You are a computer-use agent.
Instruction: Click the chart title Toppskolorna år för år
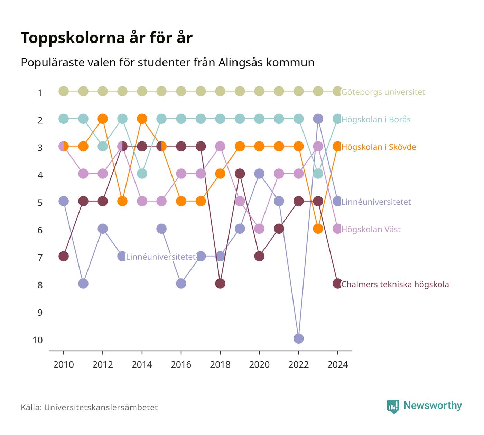106,38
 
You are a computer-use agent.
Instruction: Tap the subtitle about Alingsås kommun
167,63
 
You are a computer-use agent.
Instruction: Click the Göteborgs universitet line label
383,92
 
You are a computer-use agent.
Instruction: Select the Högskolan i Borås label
376,120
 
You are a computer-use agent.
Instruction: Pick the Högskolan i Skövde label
379,147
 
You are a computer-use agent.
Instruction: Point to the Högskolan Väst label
371,229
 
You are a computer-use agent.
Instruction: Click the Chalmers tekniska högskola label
395,284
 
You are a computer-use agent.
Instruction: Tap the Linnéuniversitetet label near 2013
161,257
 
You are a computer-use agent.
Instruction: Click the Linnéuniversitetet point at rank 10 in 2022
298,339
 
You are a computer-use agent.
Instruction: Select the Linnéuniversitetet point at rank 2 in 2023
318,119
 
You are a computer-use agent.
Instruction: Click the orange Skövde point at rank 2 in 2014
142,119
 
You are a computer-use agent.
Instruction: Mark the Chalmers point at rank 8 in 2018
220,284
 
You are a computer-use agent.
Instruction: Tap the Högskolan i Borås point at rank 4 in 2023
318,174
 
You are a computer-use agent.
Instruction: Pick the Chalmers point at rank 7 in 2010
64,256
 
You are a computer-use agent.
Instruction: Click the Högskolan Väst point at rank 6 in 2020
259,229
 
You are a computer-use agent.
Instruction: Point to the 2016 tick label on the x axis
181,365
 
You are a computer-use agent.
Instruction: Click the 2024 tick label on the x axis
337,365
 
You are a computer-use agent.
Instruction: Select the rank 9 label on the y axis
40,313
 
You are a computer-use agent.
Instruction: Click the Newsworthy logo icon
393,407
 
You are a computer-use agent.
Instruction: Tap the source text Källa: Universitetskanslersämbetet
89,407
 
